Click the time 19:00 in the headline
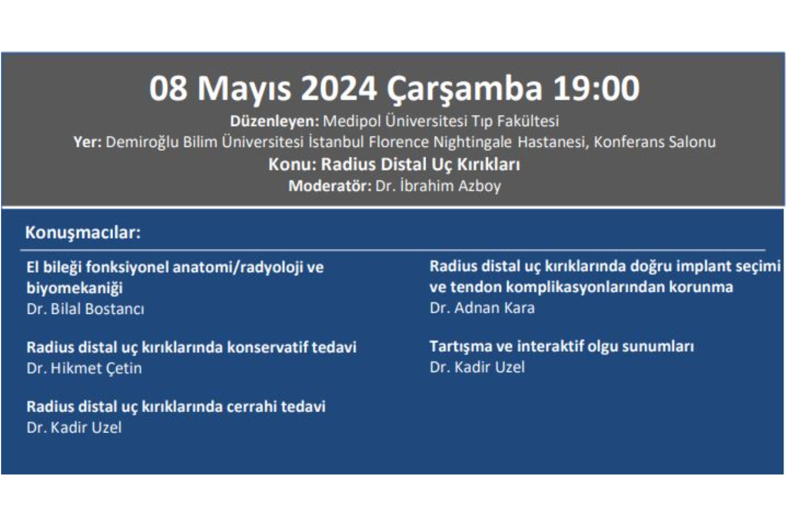596,89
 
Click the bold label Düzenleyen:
274,121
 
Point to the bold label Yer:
87,142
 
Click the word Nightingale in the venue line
472,142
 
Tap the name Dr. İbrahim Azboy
438,186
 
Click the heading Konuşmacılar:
83,233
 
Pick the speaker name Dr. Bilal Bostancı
85,309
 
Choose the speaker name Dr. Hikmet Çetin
84,368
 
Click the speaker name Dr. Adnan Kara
482,308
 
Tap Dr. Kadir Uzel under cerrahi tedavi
74,428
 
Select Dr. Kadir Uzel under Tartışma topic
477,367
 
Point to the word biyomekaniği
75,288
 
